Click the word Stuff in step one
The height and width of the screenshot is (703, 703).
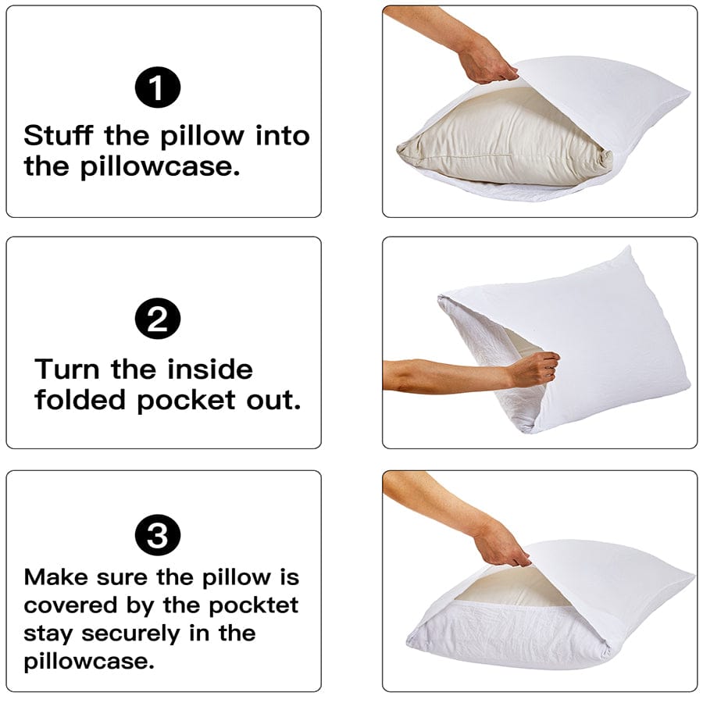59,136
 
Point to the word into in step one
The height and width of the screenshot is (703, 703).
283,136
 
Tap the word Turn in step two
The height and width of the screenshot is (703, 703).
70,369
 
